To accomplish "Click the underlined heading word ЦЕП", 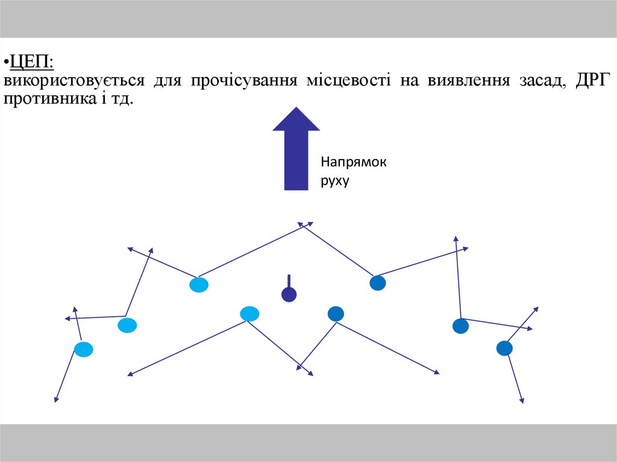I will point(30,62).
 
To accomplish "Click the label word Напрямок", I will point(353,163).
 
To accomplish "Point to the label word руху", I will point(335,180).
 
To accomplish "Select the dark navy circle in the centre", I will point(289,294).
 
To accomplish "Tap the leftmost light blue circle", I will point(84,349).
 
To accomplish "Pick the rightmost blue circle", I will point(504,348).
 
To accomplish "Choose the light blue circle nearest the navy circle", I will point(249,314).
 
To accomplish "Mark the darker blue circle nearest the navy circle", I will point(336,314).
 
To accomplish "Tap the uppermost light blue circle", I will point(198,284).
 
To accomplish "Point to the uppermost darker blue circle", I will point(377,283).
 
